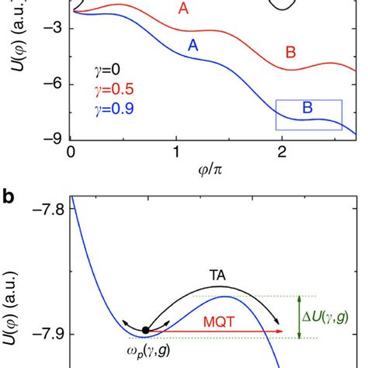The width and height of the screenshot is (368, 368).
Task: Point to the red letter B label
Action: pyautogui.click(x=290, y=53)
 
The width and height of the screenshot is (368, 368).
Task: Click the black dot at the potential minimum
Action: pyautogui.click(x=145, y=330)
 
